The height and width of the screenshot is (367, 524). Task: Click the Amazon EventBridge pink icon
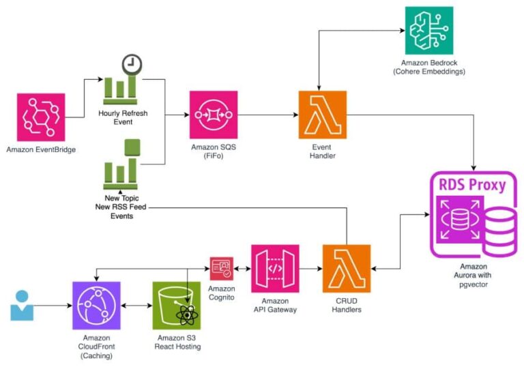41,117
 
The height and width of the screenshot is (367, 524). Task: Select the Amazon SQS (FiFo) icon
214,115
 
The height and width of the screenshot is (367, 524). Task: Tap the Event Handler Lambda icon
322,115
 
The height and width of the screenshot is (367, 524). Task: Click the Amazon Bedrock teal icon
428,31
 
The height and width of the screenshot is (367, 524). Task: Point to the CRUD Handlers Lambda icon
347,268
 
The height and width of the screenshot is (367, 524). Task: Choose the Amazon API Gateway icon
275,268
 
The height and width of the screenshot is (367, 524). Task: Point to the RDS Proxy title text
472,185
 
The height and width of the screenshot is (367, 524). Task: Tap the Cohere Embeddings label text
428,72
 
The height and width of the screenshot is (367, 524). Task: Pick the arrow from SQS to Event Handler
268,115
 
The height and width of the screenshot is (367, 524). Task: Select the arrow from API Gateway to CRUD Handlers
310,268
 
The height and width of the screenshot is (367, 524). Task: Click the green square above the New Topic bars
132,147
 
